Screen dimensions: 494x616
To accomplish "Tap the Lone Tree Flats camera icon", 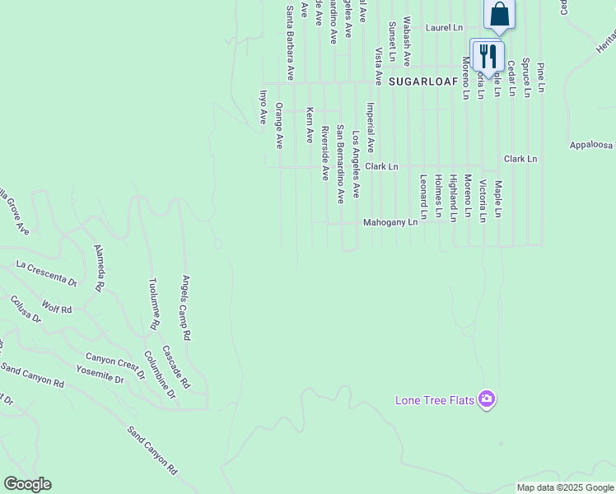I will [x=487, y=399].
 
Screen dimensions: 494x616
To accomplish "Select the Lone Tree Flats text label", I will [x=435, y=401].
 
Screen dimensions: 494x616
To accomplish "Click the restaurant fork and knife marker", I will [x=487, y=56].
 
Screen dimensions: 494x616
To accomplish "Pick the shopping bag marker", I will [x=499, y=14].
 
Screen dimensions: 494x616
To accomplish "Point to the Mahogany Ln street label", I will [x=391, y=223].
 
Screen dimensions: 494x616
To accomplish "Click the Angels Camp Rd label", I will [x=186, y=308].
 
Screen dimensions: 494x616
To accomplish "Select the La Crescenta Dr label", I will [x=46, y=273].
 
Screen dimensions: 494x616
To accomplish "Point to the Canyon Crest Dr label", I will [x=115, y=365].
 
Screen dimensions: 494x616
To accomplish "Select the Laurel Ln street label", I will [x=444, y=28].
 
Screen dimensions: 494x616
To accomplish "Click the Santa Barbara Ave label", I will [x=289, y=43].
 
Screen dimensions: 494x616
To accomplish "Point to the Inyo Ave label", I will [x=264, y=108].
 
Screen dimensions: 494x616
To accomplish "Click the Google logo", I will [x=27, y=484].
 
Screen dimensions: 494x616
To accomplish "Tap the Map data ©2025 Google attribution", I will [x=566, y=487].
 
